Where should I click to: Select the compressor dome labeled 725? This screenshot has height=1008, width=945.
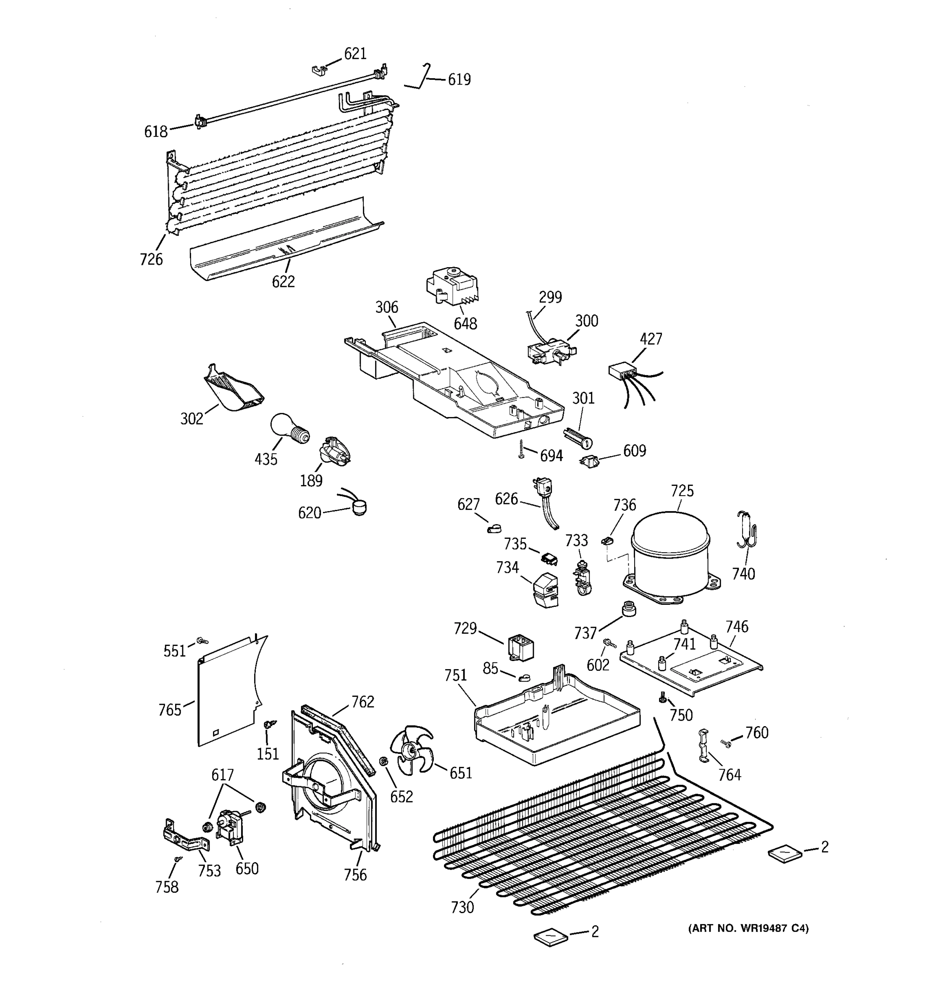pyautogui.click(x=670, y=550)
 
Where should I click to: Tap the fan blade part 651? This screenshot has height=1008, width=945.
pyautogui.click(x=411, y=750)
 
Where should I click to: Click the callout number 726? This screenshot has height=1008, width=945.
pyautogui.click(x=151, y=260)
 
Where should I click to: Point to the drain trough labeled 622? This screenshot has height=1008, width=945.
pyautogui.click(x=284, y=242)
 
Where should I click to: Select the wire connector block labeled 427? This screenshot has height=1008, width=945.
pyautogui.click(x=622, y=371)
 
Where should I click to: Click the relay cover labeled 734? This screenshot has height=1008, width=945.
pyautogui.click(x=545, y=590)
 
